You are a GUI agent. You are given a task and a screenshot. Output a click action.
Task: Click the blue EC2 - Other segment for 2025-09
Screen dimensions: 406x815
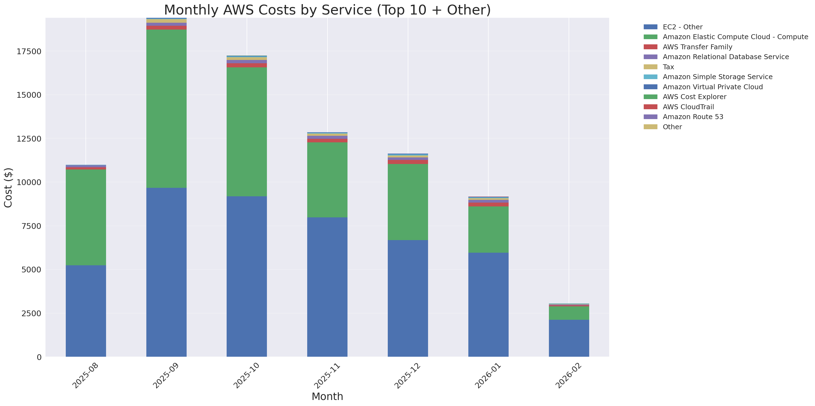pos(166,272)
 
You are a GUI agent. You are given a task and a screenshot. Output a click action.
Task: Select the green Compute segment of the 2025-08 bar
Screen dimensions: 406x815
pos(86,217)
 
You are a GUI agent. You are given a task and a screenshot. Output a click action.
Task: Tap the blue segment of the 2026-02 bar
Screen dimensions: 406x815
pos(569,338)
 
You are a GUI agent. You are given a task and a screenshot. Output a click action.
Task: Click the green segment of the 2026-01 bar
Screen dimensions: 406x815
pos(488,229)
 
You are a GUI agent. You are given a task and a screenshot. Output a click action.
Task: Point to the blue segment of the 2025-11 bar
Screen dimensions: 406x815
pos(327,287)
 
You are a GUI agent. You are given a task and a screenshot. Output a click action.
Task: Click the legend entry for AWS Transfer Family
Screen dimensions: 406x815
pos(697,47)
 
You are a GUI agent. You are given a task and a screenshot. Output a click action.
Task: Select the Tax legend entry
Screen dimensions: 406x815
pos(668,67)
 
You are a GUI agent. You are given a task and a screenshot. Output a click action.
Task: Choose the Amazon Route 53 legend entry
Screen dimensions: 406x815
pos(693,117)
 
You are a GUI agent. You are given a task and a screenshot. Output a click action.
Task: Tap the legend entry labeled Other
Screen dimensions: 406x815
pos(672,127)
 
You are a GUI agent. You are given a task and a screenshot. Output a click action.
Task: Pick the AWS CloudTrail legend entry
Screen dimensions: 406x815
pos(688,107)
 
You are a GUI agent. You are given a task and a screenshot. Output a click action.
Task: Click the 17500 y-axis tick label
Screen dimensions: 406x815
pos(29,51)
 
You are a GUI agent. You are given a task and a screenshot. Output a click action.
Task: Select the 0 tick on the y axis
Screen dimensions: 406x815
pos(39,357)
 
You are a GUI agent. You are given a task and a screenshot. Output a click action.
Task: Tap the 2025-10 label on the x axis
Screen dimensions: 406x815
pos(246,375)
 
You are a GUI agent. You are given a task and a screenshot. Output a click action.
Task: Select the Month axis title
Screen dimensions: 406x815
pos(327,396)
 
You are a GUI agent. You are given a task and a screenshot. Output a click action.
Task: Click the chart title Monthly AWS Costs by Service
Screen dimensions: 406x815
pos(327,10)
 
